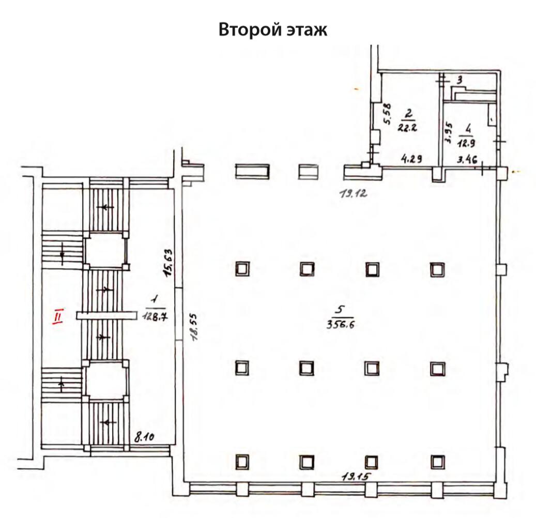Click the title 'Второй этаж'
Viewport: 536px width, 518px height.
pos(273,29)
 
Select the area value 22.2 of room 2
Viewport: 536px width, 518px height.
pos(408,128)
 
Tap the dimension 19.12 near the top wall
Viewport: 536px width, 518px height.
pos(353,195)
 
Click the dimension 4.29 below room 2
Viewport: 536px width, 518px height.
pos(412,160)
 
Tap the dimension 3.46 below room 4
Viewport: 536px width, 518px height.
pos(467,160)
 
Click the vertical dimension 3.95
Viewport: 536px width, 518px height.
pos(449,132)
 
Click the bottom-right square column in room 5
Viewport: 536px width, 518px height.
pos(438,461)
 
